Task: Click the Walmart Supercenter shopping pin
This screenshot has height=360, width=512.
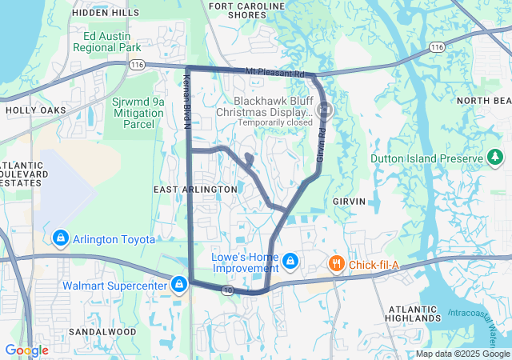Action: point(179,284)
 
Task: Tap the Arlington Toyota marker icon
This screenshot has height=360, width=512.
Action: point(61,238)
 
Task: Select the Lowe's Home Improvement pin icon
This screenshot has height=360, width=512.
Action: point(290,261)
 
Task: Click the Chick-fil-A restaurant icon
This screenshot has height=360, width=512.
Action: point(337,263)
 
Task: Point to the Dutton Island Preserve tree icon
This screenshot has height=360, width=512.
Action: point(495,157)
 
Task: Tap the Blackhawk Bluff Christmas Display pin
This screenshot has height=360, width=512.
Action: point(326,108)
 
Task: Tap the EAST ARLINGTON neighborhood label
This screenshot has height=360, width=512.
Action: point(195,189)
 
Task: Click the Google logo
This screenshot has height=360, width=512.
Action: point(26,350)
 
